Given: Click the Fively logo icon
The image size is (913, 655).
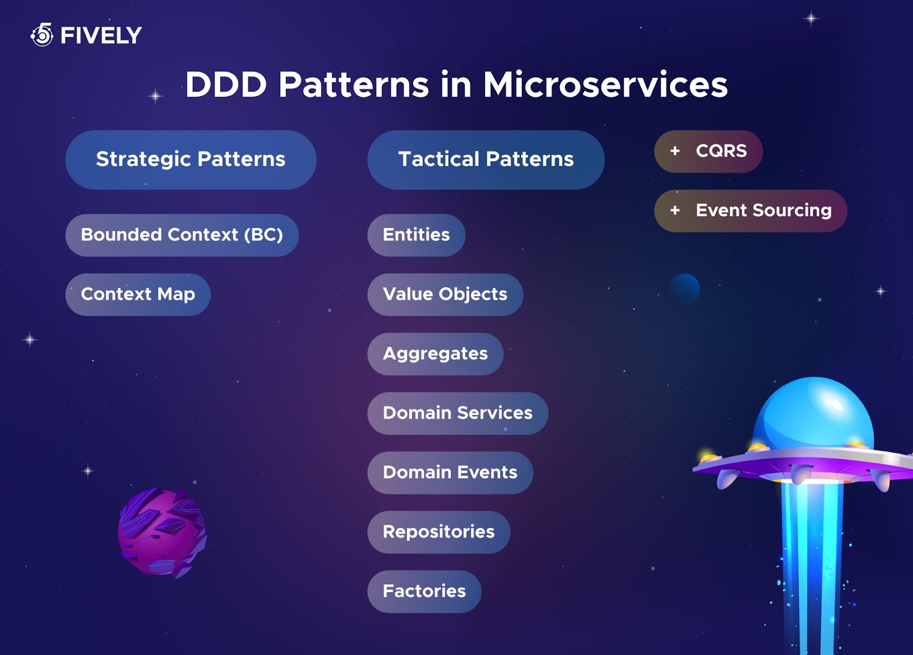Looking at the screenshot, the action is [42, 35].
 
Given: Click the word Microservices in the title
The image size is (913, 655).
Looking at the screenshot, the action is [605, 85].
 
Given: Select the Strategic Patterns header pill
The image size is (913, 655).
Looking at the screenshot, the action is [191, 159].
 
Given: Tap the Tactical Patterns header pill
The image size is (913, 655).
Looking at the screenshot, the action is [486, 159].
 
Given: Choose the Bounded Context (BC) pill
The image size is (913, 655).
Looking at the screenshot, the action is [182, 235].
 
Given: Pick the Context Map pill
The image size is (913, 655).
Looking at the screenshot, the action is [138, 295].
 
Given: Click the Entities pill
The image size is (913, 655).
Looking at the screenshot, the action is [416, 235].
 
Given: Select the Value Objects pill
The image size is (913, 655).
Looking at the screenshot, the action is [445, 295].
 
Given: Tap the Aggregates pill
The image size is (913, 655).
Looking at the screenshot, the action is [435, 354].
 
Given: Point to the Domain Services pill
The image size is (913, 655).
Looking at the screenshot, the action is [458, 413].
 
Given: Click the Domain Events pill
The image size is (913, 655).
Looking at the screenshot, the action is [450, 473].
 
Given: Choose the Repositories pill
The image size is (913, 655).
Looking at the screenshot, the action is [439, 532].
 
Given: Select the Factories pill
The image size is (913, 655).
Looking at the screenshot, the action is [425, 592].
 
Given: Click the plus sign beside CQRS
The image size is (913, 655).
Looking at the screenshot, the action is [675, 151].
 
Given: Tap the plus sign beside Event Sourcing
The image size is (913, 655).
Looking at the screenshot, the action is [675, 211].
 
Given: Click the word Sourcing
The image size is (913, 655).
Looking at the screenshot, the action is [792, 211].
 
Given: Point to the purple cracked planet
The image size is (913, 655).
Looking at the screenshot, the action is [162, 533].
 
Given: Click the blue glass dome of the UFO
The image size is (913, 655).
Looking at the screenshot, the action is [813, 414].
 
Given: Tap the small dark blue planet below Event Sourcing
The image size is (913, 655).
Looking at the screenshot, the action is [684, 289].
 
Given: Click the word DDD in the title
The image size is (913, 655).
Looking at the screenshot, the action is [226, 85].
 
